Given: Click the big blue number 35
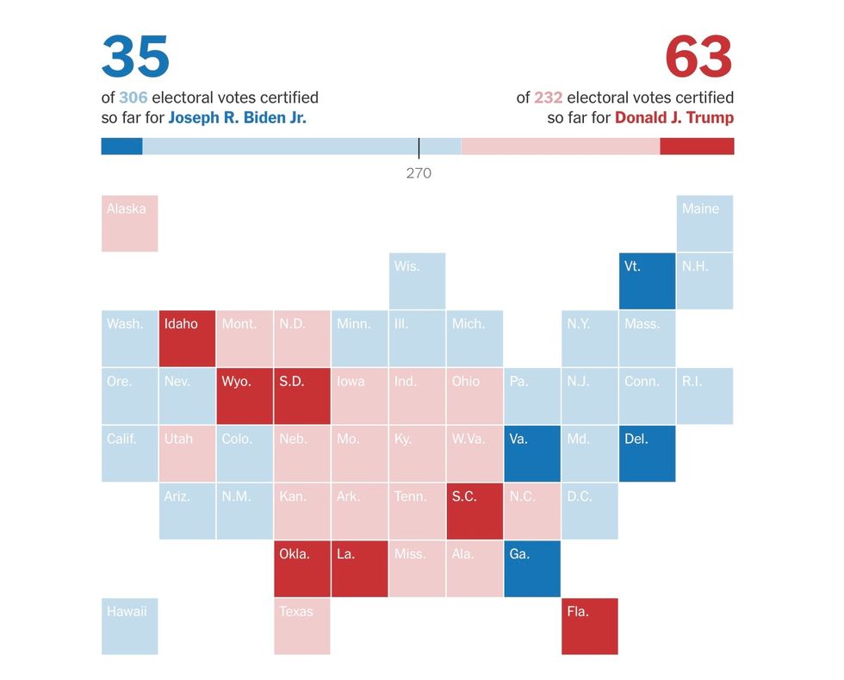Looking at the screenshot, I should pos(135,58).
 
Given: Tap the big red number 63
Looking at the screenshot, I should pos(698,58).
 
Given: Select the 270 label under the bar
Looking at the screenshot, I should pos(419,173).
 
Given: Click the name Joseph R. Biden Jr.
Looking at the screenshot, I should pos(237,118).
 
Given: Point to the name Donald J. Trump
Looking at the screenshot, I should pos(674,118).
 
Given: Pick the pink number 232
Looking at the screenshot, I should pos(548,97).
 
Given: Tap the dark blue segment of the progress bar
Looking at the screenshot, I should pos(121,147).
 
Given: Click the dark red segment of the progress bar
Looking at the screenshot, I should pos(697,147).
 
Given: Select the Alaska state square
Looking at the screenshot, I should pos(130,223).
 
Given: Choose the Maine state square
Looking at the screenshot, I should pos(704,223).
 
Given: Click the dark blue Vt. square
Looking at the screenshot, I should pos(647,281).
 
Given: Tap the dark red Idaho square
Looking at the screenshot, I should pos(187,339).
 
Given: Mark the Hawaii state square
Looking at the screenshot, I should pos(130,627).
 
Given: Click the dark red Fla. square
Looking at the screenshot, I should pos(589,627).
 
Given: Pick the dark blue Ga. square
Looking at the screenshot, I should pos(532,569).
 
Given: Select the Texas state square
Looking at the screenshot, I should pos(302,627).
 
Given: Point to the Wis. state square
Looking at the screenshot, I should pos(417,281).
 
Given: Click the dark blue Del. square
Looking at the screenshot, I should pos(647,453).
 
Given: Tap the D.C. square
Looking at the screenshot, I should pos(589,511).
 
